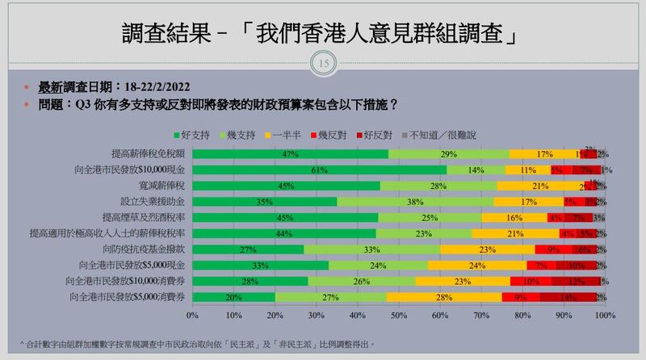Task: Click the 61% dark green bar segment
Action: (319, 170)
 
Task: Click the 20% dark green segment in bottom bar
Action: (233, 297)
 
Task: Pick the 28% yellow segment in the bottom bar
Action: (443, 297)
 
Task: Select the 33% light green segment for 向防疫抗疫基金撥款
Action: (371, 249)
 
